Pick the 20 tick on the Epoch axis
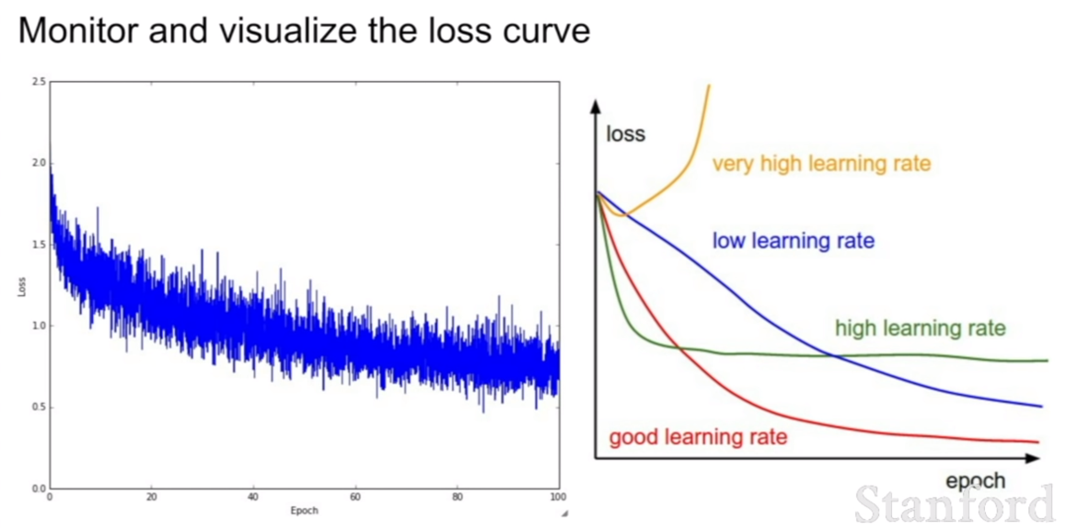pyautogui.click(x=151, y=497)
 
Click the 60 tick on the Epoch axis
pyautogui.click(x=355, y=497)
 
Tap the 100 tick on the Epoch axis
pyautogui.click(x=558, y=497)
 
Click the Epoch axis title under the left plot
pyautogui.click(x=304, y=511)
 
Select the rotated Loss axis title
pyautogui.click(x=22, y=285)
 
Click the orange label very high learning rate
pyautogui.click(x=821, y=165)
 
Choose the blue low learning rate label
pyautogui.click(x=794, y=241)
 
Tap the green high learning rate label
pyautogui.click(x=920, y=329)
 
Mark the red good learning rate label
pyautogui.click(x=698, y=437)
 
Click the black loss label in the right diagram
pyautogui.click(x=625, y=133)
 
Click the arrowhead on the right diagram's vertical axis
pyautogui.click(x=597, y=107)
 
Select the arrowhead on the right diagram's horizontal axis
pyautogui.click(x=1033, y=458)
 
